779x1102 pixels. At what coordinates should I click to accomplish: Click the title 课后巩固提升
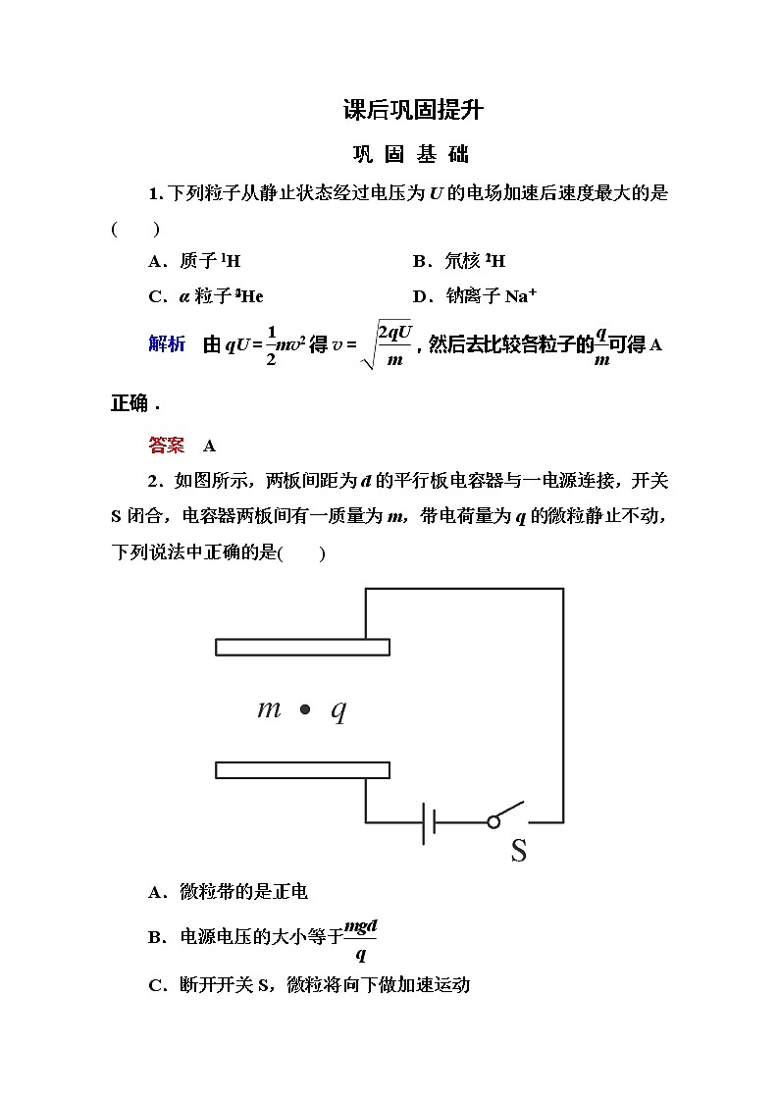(x=413, y=110)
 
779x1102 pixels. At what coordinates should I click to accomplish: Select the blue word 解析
(x=167, y=343)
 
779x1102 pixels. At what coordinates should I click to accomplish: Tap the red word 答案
(x=167, y=446)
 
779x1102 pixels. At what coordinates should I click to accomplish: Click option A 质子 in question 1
(x=194, y=261)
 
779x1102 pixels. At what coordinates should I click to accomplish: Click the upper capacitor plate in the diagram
(x=302, y=648)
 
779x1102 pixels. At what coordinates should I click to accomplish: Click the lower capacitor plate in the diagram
(x=302, y=770)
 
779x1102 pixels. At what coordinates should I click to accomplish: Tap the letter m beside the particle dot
(x=269, y=708)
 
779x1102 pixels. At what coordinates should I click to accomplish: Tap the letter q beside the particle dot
(x=338, y=710)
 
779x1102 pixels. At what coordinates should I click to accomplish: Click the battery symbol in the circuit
(x=429, y=822)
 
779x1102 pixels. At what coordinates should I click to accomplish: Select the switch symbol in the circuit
(x=506, y=816)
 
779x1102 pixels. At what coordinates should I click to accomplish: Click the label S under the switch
(x=518, y=851)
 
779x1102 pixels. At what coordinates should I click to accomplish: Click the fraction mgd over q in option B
(x=360, y=938)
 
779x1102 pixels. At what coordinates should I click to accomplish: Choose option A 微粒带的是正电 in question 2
(x=228, y=892)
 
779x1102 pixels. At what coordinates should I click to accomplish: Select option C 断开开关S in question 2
(x=309, y=984)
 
